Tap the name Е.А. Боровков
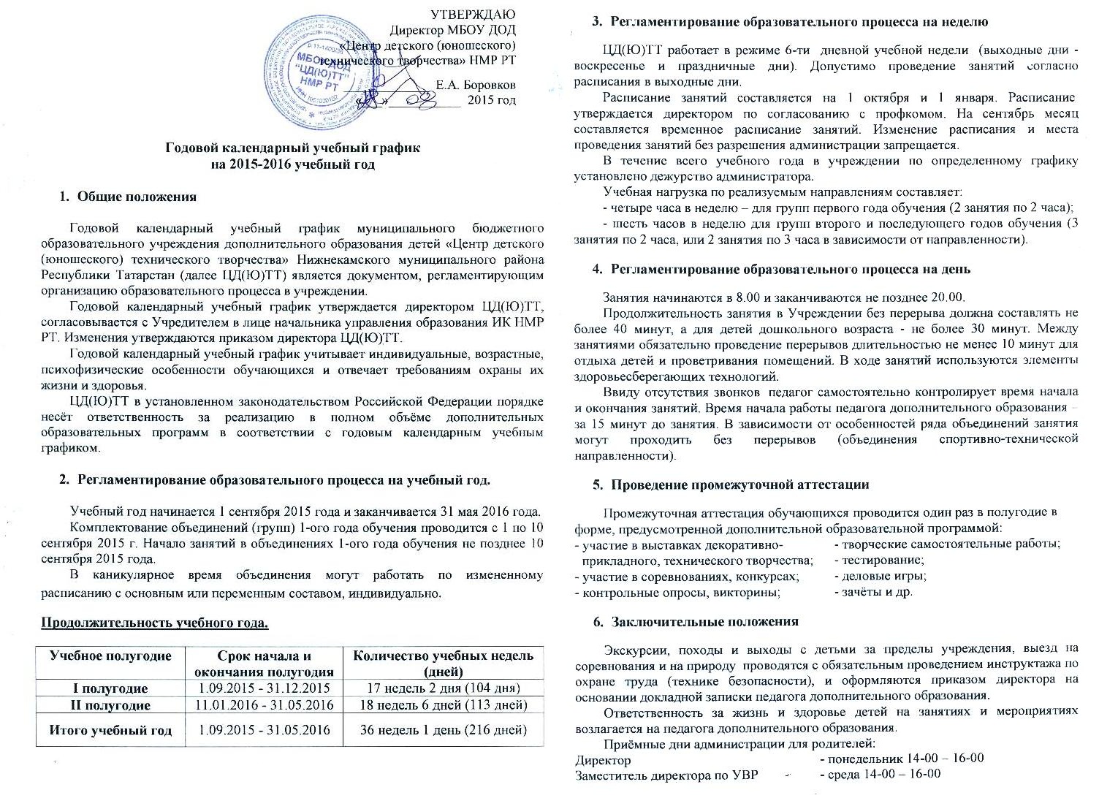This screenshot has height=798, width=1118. [x=475, y=85]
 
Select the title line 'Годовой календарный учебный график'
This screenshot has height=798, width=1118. [x=292, y=148]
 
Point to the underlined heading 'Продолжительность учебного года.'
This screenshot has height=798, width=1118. [x=155, y=623]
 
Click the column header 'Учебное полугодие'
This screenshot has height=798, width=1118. [x=110, y=655]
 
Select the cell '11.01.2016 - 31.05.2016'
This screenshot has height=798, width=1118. [x=265, y=705]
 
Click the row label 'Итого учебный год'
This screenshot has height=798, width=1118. [x=110, y=730]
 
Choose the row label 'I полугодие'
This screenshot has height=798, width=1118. [x=110, y=688]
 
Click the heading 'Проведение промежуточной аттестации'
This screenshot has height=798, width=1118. [x=740, y=484]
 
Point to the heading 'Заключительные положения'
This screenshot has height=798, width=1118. [x=704, y=622]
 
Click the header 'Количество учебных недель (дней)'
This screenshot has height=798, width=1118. [x=444, y=663]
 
